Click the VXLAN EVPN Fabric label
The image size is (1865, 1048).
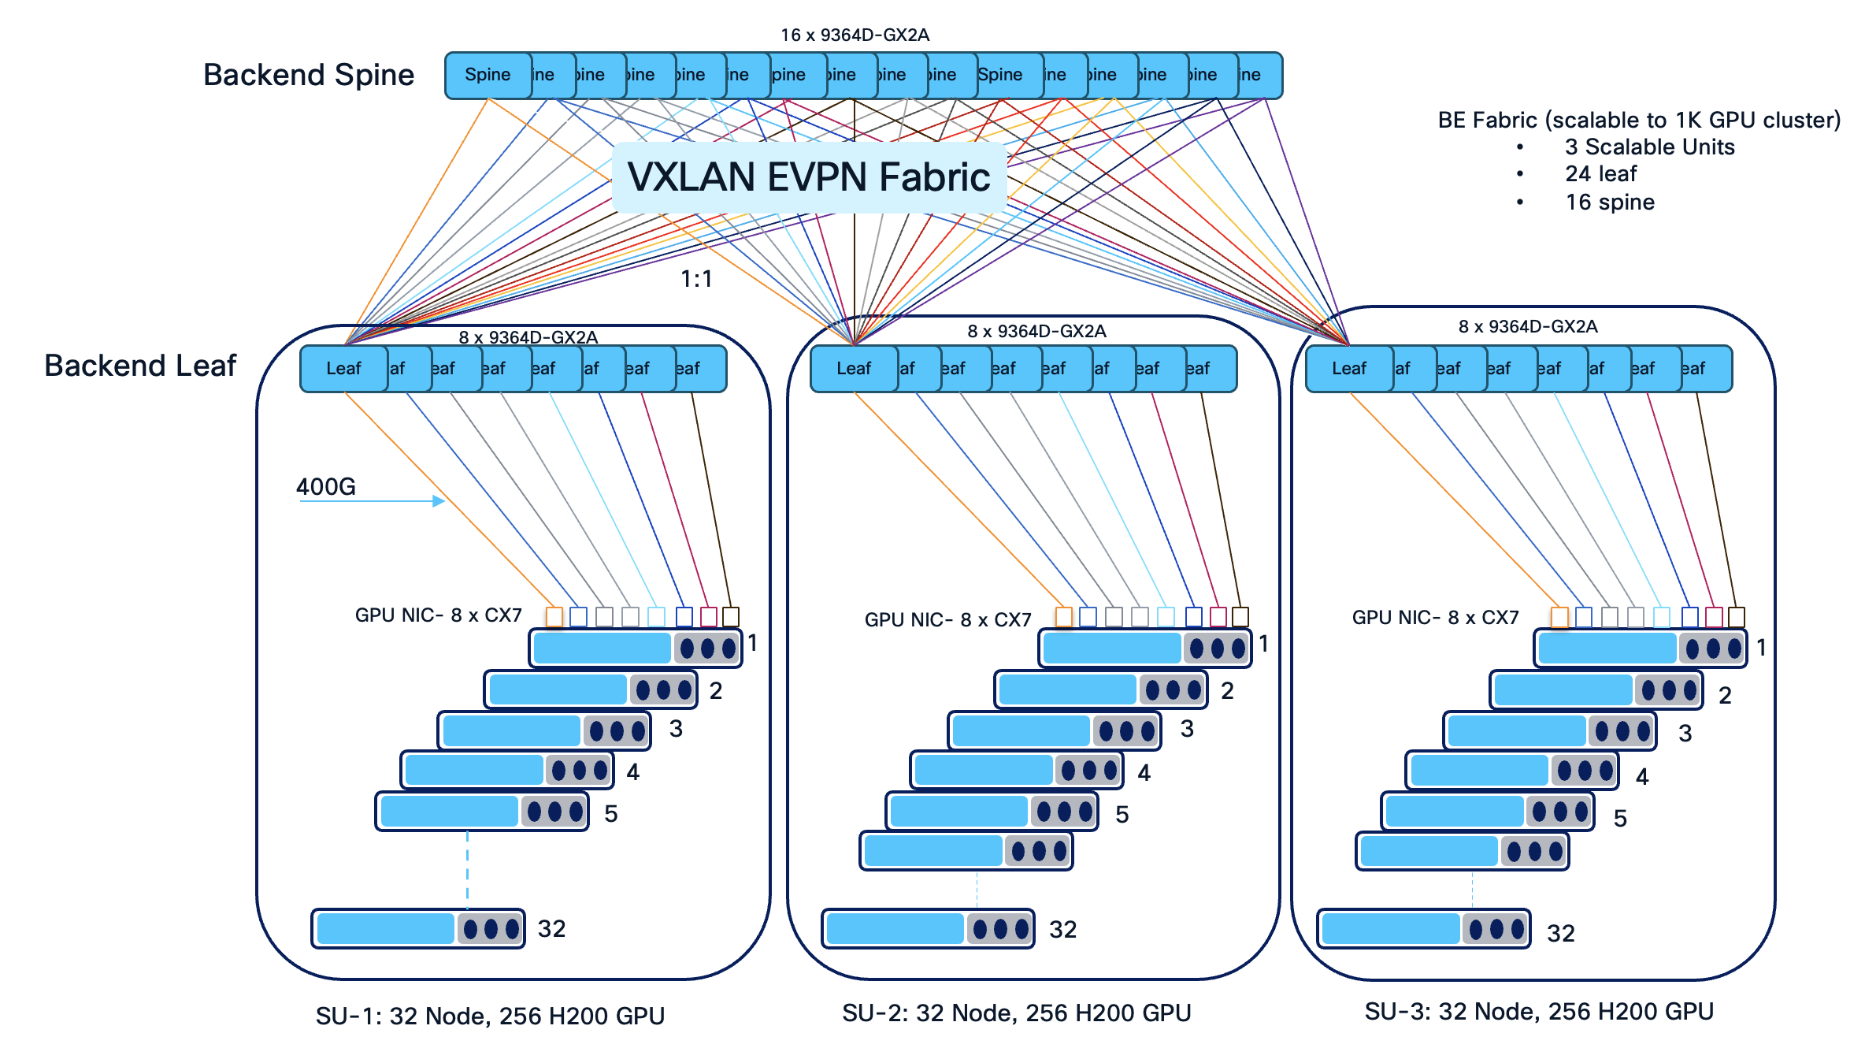click(x=809, y=177)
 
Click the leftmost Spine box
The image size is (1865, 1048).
click(x=488, y=76)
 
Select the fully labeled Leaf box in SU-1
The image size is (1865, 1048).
click(x=343, y=369)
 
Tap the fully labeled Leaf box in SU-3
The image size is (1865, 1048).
click(x=1348, y=369)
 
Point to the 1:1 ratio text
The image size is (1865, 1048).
click(x=696, y=279)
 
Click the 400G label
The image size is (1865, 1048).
click(x=325, y=487)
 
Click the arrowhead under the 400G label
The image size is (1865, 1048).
click(x=439, y=501)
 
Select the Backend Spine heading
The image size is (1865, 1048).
click(x=308, y=75)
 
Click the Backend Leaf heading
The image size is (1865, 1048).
click(x=140, y=366)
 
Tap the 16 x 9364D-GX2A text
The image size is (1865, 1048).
click(x=855, y=35)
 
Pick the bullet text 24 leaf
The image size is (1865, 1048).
click(x=1600, y=174)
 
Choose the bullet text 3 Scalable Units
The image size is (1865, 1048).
click(x=1649, y=147)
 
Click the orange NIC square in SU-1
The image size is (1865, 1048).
click(x=554, y=616)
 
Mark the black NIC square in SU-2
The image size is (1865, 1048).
click(x=1240, y=616)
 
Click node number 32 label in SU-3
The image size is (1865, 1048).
click(x=1560, y=934)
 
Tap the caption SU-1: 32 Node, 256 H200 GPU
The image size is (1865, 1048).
click(x=490, y=1016)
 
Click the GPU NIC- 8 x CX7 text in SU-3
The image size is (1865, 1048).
click(x=1435, y=618)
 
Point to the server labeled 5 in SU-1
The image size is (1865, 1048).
click(x=481, y=812)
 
